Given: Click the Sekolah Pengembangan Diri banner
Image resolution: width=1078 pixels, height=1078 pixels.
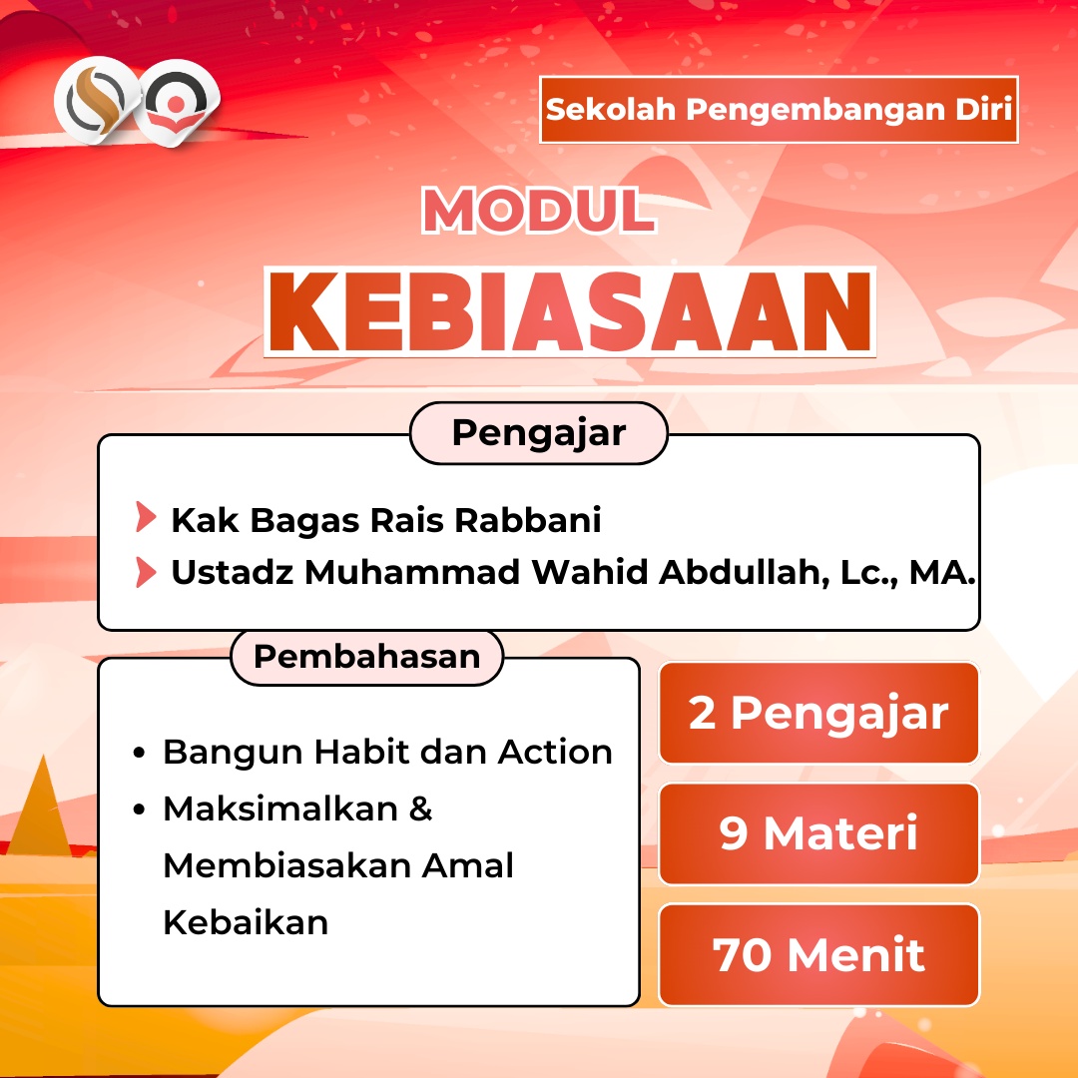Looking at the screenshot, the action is pos(779,110).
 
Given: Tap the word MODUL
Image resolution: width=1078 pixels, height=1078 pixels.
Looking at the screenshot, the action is pos(539,211).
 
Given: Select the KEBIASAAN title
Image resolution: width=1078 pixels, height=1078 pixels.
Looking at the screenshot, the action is pos(570,312).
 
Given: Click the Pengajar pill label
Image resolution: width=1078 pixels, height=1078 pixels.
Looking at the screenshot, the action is pos(539,433).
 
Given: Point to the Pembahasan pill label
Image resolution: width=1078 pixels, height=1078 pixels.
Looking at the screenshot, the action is pos(367,657).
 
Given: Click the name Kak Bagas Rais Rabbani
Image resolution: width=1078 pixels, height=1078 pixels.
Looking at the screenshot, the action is pos(385,520).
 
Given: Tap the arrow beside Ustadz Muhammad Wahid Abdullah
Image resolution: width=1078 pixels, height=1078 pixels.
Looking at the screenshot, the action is pos(146,572).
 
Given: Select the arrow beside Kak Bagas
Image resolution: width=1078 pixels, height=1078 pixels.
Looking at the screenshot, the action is pos(146,517).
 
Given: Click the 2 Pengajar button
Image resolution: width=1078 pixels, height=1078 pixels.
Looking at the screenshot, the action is pos(818,713).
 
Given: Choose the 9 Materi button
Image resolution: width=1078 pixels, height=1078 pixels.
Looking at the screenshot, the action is pos(818,833).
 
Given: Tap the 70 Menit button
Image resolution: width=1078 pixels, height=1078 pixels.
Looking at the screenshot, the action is pos(818,955).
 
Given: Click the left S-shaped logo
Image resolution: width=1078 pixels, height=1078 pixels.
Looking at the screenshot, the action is pos(96,101).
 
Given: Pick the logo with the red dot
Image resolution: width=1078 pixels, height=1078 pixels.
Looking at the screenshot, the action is pos(177,103).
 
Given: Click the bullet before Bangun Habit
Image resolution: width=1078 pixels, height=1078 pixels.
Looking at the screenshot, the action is pos(140,753).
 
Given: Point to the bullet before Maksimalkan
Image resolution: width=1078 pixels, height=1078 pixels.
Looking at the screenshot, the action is pos(140,809).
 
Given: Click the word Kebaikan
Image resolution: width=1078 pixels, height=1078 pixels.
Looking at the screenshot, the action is pos(246,922).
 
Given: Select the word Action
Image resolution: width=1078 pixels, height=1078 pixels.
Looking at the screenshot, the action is pos(555,753).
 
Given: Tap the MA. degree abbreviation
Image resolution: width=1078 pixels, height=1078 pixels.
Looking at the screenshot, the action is pos(942,572).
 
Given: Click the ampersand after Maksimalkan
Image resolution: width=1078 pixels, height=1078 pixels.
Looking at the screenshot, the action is pos(421,808).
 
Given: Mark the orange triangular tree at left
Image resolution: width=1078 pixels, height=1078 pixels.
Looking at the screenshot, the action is pos(43,808).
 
